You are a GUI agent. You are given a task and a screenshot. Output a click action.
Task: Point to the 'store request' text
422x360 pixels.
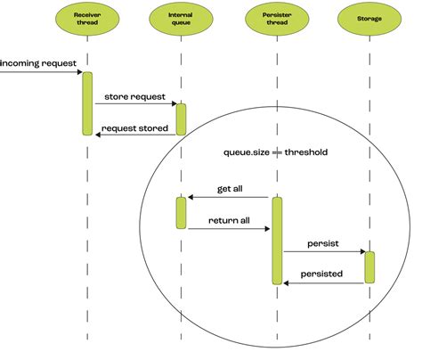(134, 95)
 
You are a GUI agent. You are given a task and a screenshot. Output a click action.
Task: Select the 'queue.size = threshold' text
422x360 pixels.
(275, 152)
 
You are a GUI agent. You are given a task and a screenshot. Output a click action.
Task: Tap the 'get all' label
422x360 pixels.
(231, 189)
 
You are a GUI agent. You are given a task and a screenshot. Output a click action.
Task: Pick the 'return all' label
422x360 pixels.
(228, 219)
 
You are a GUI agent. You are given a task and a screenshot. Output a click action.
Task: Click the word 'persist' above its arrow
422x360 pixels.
(322, 242)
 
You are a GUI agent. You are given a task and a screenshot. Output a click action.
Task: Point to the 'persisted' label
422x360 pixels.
(321, 274)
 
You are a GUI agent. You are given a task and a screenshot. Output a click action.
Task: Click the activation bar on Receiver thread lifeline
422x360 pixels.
(87, 102)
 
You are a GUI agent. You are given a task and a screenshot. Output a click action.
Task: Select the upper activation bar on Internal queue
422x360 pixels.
(181, 119)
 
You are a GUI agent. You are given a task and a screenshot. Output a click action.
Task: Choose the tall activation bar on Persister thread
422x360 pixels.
(277, 241)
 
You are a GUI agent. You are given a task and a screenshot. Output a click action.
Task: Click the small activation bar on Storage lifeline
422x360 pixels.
(369, 267)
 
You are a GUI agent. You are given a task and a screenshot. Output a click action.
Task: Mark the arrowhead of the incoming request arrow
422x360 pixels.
(78, 73)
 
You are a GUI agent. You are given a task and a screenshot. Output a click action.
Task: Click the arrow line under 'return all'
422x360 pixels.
(228, 229)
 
